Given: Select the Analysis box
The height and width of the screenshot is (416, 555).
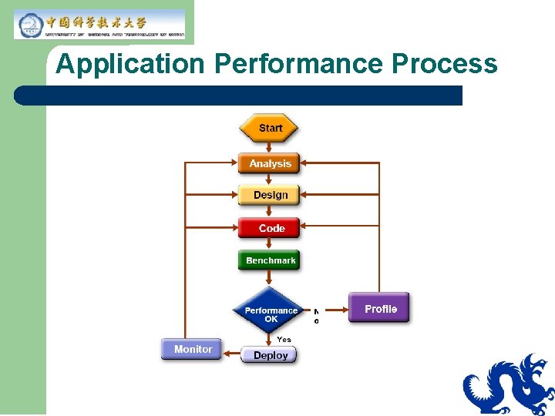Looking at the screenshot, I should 269,163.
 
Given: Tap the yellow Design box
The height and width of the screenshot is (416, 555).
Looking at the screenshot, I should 269,195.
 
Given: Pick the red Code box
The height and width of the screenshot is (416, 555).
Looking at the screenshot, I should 269,228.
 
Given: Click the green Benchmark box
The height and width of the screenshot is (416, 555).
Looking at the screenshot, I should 269,260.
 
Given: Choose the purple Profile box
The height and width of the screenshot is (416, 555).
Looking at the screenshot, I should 379,308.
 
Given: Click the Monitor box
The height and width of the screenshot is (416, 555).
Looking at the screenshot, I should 192,349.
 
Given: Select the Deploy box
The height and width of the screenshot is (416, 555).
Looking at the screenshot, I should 269,355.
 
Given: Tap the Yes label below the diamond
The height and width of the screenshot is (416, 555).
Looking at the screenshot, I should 284,339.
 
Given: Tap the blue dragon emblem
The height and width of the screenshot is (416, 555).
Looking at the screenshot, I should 510,385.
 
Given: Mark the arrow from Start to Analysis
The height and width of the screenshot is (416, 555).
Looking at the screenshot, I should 269,148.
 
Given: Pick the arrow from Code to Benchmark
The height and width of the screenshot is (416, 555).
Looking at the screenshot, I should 269,245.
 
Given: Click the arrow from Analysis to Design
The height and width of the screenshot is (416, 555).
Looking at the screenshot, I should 269,179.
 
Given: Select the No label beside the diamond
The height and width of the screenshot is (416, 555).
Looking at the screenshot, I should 316,317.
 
